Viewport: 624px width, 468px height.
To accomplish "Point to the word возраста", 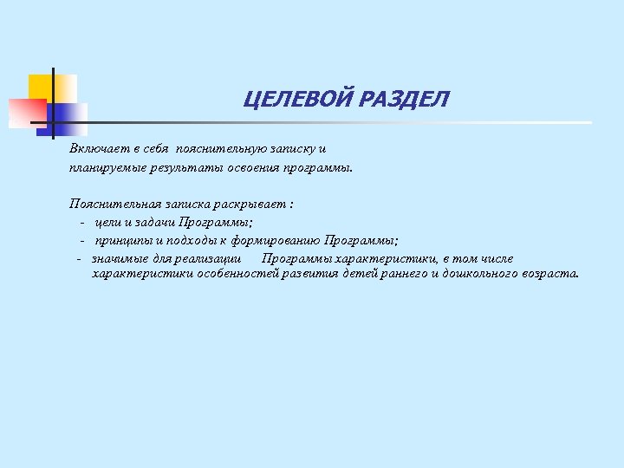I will coord(550,273).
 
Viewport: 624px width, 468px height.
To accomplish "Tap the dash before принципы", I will coord(82,240).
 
